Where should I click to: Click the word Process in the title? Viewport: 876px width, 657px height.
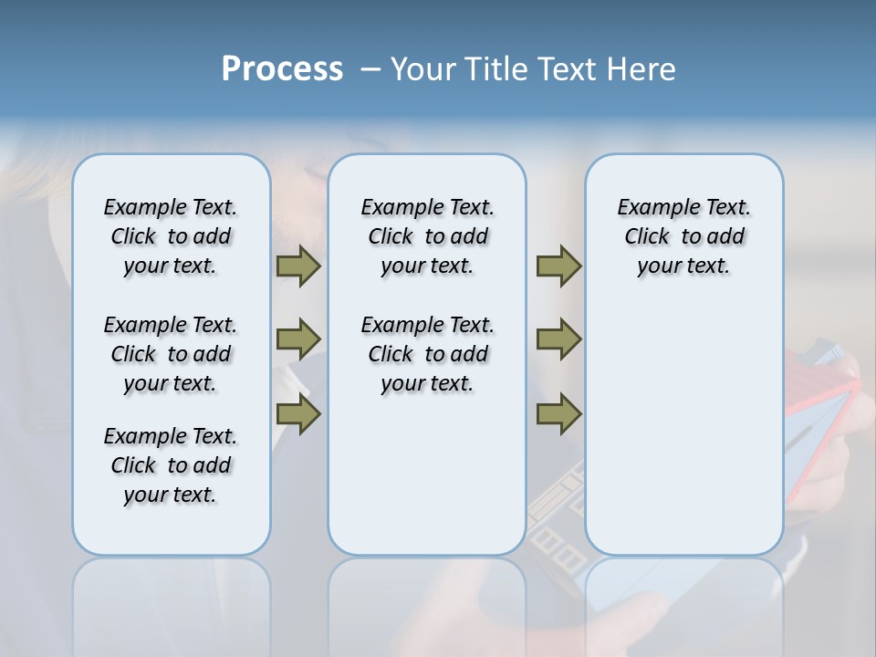point(282,68)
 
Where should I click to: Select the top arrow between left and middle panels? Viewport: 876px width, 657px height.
point(297,266)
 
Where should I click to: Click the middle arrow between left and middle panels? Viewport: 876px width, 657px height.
point(297,339)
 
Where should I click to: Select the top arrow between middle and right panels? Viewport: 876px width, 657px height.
point(558,266)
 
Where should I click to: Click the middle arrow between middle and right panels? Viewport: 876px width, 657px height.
point(558,339)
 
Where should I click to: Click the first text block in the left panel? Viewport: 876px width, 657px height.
point(171,236)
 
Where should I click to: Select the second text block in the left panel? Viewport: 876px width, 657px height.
point(171,354)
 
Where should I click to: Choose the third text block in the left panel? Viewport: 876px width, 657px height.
point(171,465)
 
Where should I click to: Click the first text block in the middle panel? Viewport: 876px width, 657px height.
point(428,236)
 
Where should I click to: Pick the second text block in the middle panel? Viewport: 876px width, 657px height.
point(428,354)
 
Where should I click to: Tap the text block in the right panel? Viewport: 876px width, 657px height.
point(684,236)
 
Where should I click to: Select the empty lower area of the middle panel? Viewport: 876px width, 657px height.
point(427,474)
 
